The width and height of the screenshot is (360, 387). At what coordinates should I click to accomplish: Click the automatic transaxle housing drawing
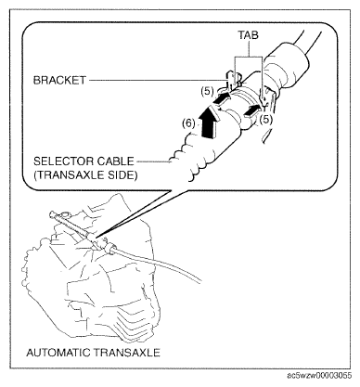(93, 278)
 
